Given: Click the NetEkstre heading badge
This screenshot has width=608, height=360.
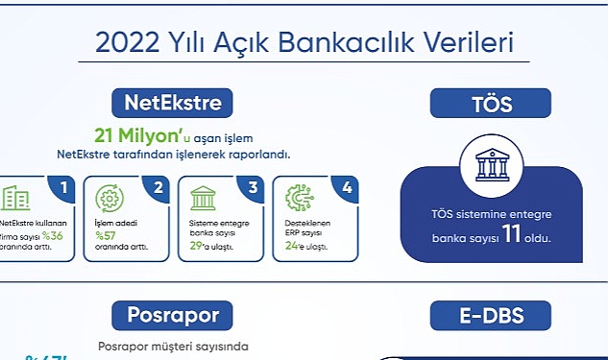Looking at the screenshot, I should click(x=173, y=102).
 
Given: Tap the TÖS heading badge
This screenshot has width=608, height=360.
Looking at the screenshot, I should click(x=490, y=103).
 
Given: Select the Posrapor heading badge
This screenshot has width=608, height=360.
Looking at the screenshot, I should click(x=173, y=315).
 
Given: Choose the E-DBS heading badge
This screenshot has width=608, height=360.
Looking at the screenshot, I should click(x=490, y=315).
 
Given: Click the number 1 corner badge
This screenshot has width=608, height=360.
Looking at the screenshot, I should click(x=63, y=189).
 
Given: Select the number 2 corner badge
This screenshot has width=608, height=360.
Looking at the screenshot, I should click(x=158, y=189).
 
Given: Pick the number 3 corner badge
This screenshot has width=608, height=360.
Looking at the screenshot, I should click(x=253, y=189).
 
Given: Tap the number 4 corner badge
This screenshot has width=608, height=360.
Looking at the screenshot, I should click(x=347, y=189).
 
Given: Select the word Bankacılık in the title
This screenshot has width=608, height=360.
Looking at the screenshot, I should click(x=364, y=43).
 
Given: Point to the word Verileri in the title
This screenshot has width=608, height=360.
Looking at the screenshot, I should click(x=473, y=43).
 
